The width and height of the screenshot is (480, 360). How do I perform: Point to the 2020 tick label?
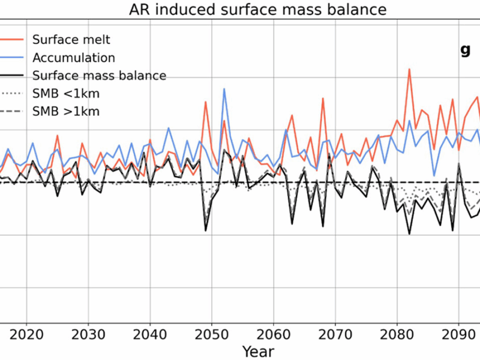pos(26,332)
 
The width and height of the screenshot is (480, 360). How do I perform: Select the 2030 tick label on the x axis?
pos(88,332)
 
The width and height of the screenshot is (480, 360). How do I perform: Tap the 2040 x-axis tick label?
pos(150,332)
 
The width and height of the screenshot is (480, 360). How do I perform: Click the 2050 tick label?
pos(212,332)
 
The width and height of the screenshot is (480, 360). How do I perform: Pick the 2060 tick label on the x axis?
pos(274,332)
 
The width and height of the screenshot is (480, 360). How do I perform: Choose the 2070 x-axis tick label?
pos(335,332)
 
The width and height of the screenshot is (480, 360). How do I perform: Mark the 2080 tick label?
pos(397,332)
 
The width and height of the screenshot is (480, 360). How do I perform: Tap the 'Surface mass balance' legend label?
pos(99,76)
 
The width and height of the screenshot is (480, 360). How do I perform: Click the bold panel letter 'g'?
pos(465,50)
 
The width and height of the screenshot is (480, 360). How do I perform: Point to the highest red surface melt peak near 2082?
pos(409,69)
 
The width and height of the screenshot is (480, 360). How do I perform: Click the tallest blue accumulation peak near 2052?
pos(224,89)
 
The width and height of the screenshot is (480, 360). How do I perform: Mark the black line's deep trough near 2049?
pos(206,230)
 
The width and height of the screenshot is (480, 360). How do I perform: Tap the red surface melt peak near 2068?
pos(323,98)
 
